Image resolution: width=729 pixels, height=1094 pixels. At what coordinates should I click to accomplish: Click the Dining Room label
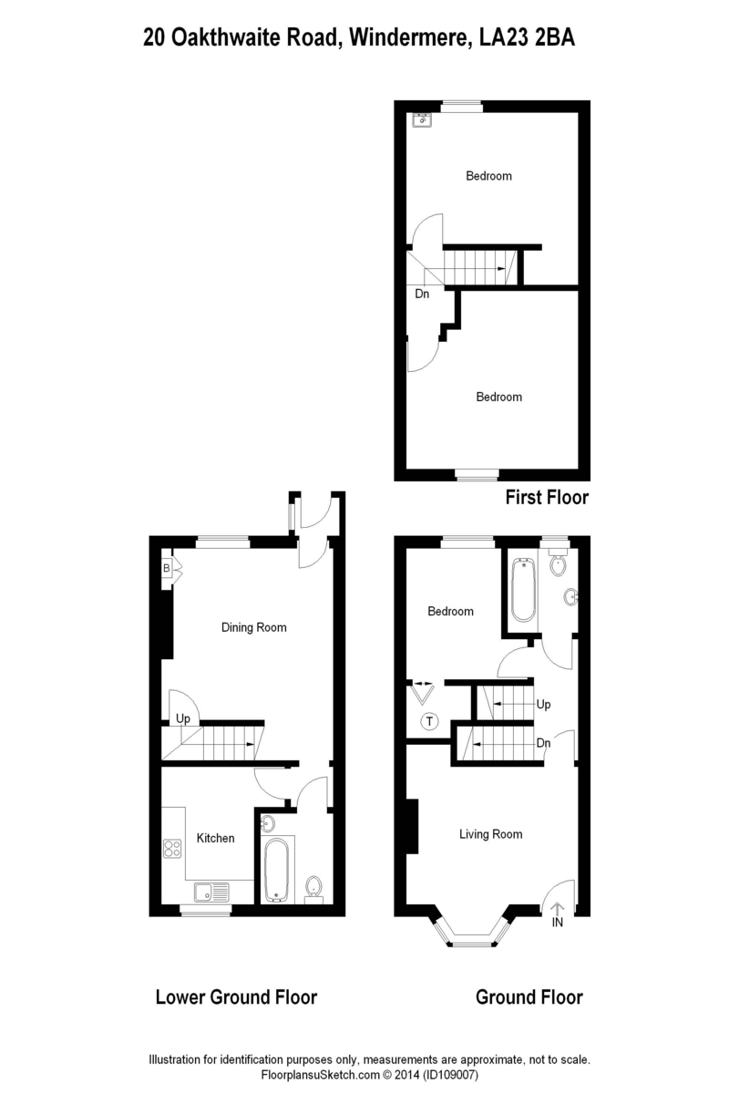(254, 627)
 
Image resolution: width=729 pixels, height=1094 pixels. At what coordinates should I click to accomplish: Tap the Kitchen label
(215, 838)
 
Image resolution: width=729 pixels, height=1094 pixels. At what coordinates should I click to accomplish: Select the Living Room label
(491, 834)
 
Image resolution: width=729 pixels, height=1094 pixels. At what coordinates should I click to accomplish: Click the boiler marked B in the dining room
(167, 569)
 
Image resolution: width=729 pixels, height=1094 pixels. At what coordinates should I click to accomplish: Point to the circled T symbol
(430, 721)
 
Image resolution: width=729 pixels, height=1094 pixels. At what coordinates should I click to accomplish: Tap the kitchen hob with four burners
(172, 849)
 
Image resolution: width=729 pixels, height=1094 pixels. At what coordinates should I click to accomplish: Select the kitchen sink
(211, 892)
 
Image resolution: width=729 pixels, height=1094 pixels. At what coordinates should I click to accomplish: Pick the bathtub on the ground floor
(523, 591)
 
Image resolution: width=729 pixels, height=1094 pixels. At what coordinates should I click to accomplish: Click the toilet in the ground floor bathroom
(557, 563)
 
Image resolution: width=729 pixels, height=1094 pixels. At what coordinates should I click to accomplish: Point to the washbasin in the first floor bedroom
(420, 119)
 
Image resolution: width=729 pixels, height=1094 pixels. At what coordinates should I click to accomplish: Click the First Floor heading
(547, 498)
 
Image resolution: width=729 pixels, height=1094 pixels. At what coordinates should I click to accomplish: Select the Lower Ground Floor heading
(236, 997)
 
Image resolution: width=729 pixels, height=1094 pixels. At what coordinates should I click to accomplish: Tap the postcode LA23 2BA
(528, 37)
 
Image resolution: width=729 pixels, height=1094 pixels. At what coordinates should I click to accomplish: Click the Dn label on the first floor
(422, 294)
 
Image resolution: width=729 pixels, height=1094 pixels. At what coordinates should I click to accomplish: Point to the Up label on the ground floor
(543, 704)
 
